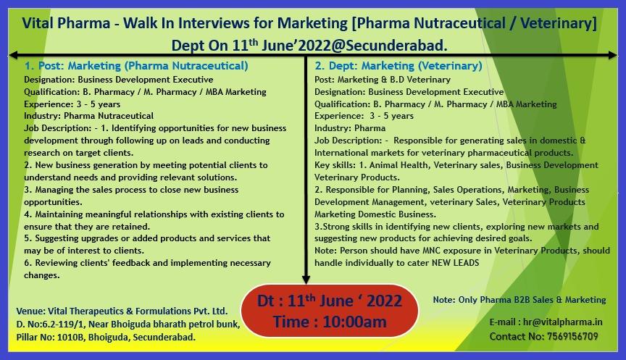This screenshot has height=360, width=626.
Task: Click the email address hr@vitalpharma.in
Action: pyautogui.click(x=562, y=322)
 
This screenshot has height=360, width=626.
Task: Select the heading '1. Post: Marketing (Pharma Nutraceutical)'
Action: pyautogui.click(x=136, y=65)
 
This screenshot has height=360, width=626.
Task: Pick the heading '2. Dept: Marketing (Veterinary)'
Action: pyautogui.click(x=398, y=65)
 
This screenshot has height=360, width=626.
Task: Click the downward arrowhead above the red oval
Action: pyautogui.click(x=306, y=280)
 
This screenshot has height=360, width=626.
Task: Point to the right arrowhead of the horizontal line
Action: pyautogui.click(x=613, y=55)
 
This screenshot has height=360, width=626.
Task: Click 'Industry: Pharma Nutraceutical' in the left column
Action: pyautogui.click(x=88, y=116)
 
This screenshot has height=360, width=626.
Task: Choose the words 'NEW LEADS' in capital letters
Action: pyautogui.click(x=455, y=263)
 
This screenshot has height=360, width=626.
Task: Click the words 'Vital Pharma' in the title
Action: pyautogui.click(x=66, y=23)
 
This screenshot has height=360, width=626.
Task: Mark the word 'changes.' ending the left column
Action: pyautogui.click(x=42, y=275)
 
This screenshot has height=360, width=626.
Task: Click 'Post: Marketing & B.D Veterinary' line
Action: pyautogui.click(x=383, y=80)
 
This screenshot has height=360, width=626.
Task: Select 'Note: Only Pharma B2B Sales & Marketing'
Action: pyautogui.click(x=519, y=300)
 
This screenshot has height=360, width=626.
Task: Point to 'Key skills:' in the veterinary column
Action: pyautogui.click(x=335, y=165)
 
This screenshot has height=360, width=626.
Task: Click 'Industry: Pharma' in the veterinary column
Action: pyautogui.click(x=350, y=128)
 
